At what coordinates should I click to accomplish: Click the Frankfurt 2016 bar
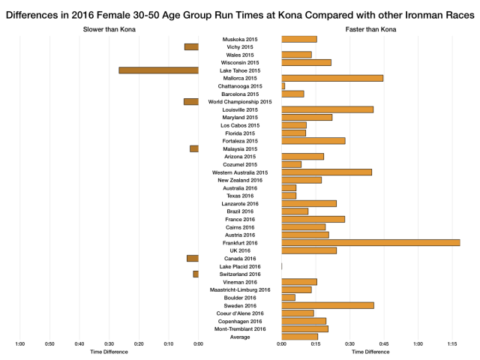point(370,242)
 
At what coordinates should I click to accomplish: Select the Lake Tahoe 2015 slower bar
point(158,70)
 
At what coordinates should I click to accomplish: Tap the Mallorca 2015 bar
point(332,78)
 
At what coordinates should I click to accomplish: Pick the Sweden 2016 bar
point(328,305)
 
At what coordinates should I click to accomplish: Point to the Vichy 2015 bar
point(191,46)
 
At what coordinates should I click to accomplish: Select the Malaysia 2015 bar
point(194,148)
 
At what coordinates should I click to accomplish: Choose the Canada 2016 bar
point(193,258)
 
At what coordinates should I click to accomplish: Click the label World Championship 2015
point(240,101)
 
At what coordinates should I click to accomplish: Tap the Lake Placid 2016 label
point(240,266)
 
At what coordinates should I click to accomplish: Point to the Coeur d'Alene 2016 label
point(240,313)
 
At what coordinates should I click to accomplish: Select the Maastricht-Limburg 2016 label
point(240,289)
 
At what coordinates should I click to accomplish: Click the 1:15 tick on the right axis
point(453,344)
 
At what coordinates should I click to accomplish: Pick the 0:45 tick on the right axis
point(384,344)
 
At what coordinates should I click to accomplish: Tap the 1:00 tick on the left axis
point(20,344)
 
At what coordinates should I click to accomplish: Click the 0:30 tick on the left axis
point(109,344)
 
